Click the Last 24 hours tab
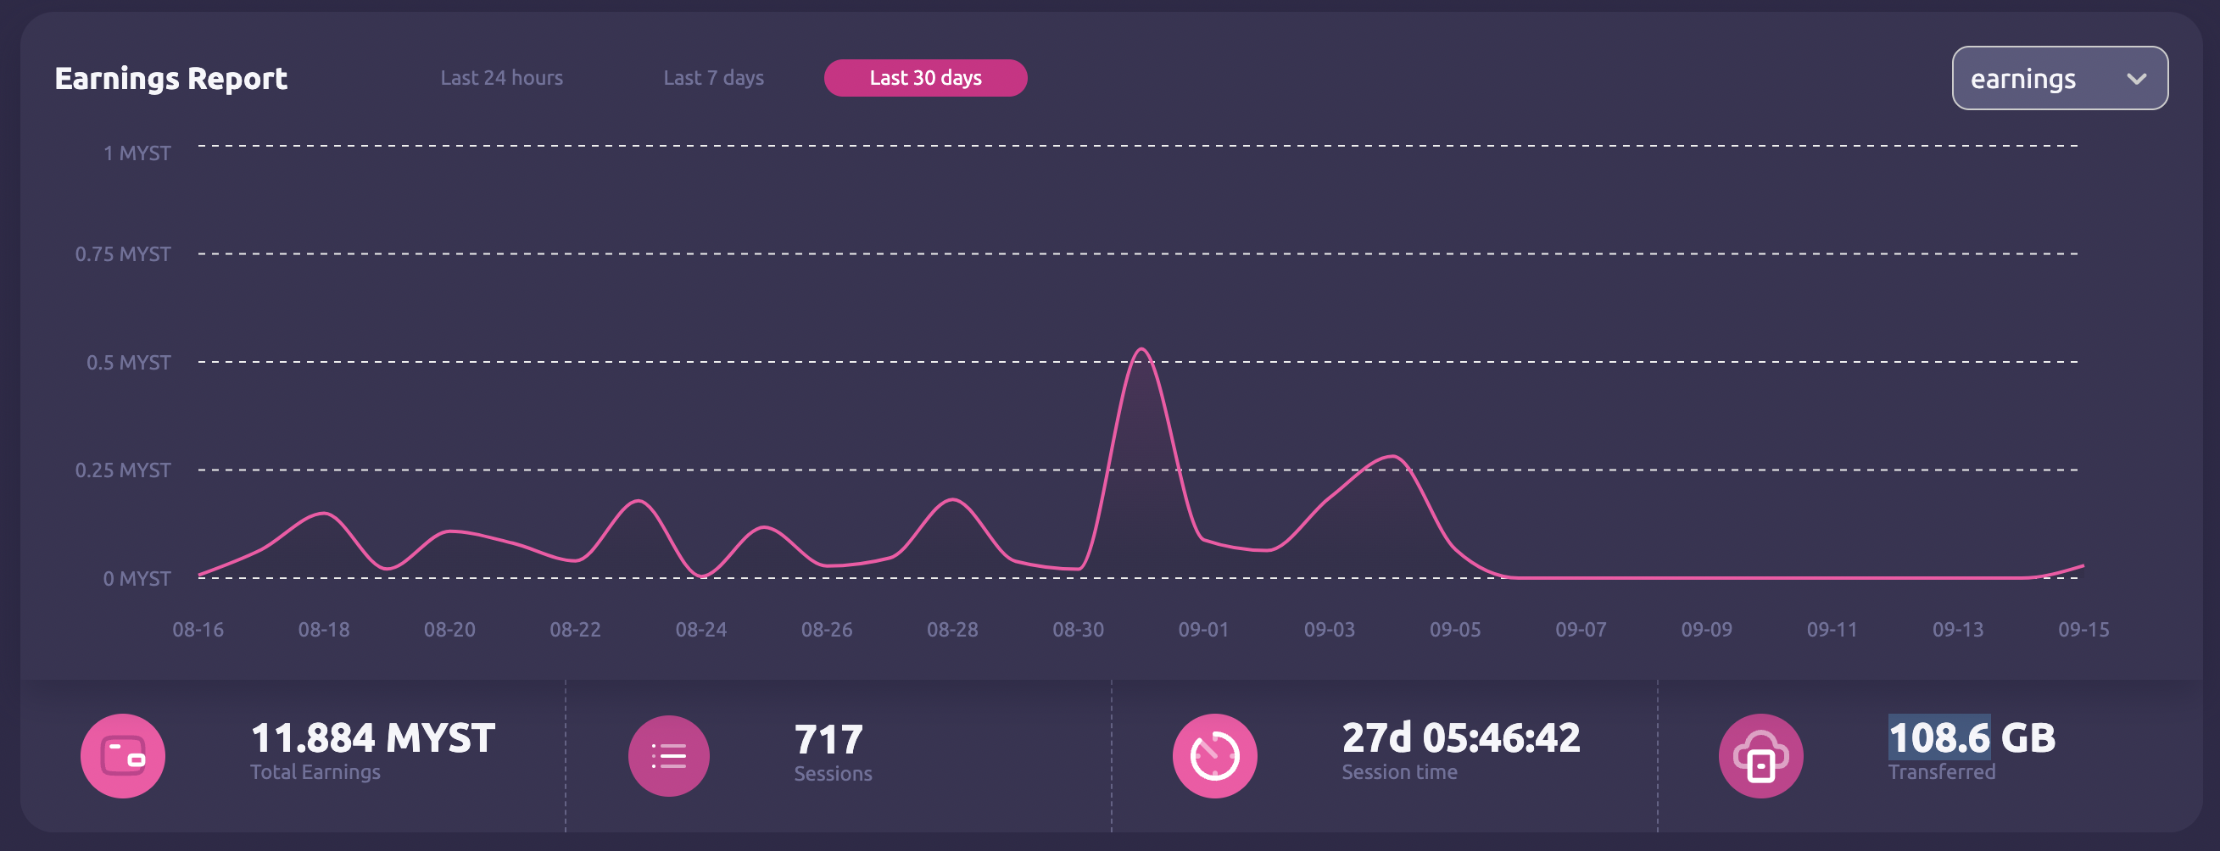pyautogui.click(x=500, y=77)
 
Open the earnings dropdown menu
pyautogui.click(x=2059, y=78)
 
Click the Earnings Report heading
pyautogui.click(x=170, y=78)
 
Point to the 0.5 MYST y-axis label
pyautogui.click(x=127, y=363)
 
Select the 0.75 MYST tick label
pyautogui.click(x=122, y=254)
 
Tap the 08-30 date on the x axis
pyautogui.click(x=1077, y=630)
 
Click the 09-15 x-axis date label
pyautogui.click(x=2083, y=630)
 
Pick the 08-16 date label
pyautogui.click(x=198, y=630)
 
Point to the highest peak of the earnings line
pyautogui.click(x=1141, y=350)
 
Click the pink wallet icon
pyautogui.click(x=122, y=755)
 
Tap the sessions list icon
pyautogui.click(x=668, y=755)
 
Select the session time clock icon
pyautogui.click(x=1214, y=755)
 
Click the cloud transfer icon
pyautogui.click(x=1760, y=755)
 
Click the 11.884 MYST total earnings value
pyautogui.click(x=372, y=738)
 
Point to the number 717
pyautogui.click(x=828, y=739)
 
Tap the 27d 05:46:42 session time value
pyautogui.click(x=1461, y=738)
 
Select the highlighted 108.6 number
pyautogui.click(x=1938, y=738)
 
